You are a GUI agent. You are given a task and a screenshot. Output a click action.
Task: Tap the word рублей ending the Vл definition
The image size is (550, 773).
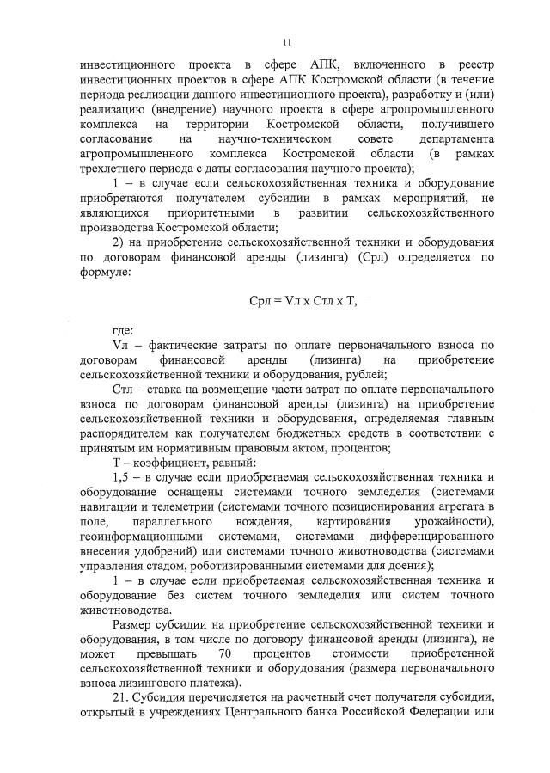(364, 374)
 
